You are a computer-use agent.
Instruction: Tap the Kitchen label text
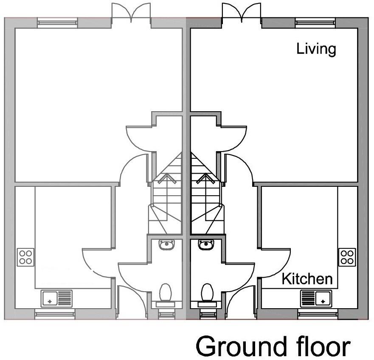click(307, 279)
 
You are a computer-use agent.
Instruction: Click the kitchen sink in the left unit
click(57, 298)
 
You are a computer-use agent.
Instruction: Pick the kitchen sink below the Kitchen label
click(316, 298)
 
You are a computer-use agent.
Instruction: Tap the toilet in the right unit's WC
click(207, 294)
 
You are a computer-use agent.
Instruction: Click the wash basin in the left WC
click(166, 245)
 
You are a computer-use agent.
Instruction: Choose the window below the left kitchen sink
click(54, 315)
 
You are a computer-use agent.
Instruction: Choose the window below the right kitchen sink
click(318, 315)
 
